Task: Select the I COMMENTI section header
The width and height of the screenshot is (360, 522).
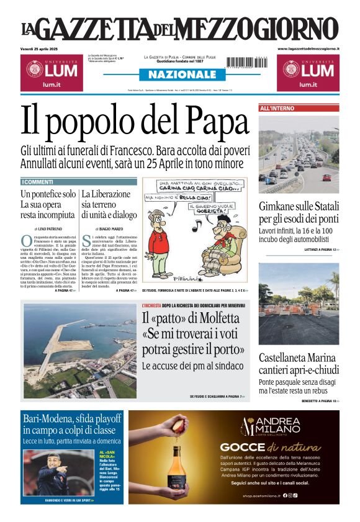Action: pos(38,182)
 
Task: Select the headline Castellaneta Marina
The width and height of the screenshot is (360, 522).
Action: pos(297,358)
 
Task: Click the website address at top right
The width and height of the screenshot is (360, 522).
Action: pos(308,48)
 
